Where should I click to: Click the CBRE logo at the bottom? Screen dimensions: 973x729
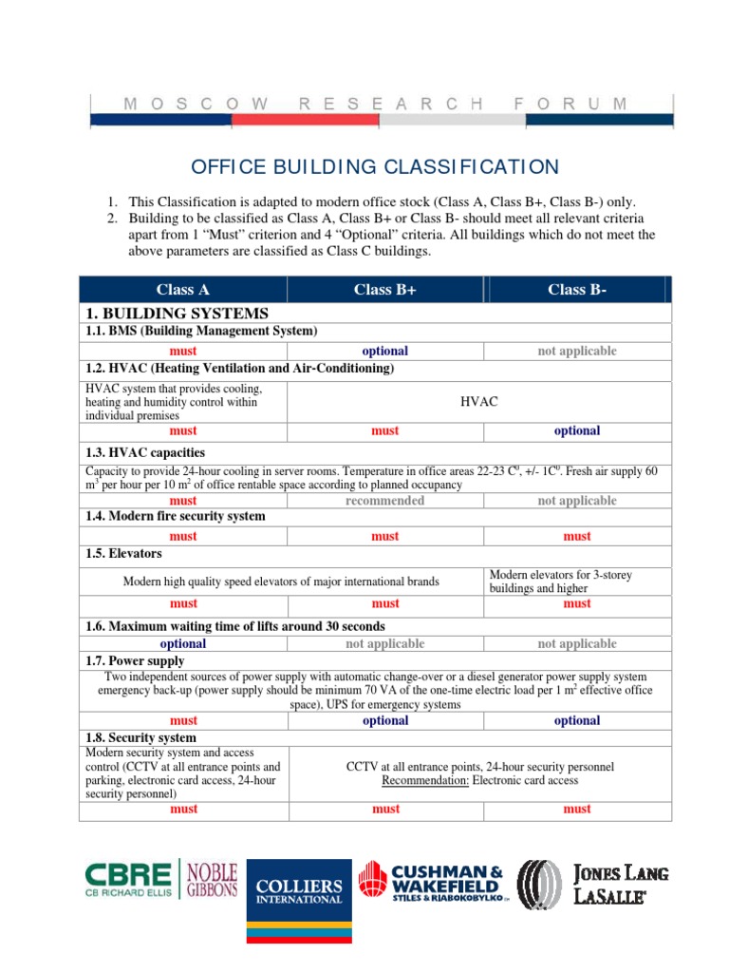(x=127, y=885)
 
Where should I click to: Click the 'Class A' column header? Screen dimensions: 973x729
(x=183, y=290)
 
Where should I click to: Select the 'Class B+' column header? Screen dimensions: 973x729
(x=384, y=290)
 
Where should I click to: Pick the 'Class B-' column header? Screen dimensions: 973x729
(x=576, y=290)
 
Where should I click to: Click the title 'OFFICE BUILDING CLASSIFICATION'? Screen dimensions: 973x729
(x=375, y=167)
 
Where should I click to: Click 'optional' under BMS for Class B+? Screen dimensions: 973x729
(x=384, y=351)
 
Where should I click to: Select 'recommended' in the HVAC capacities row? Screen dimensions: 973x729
(x=384, y=501)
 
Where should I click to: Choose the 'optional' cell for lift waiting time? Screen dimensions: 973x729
(x=183, y=644)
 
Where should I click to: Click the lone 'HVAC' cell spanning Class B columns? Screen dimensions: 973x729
(x=479, y=402)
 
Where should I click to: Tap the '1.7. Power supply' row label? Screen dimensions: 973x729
(x=133, y=660)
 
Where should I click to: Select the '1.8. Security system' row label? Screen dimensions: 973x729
(x=140, y=737)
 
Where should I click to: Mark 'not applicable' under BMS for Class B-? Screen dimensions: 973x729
(x=576, y=351)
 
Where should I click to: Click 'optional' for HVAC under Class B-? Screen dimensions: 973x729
(x=576, y=430)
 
